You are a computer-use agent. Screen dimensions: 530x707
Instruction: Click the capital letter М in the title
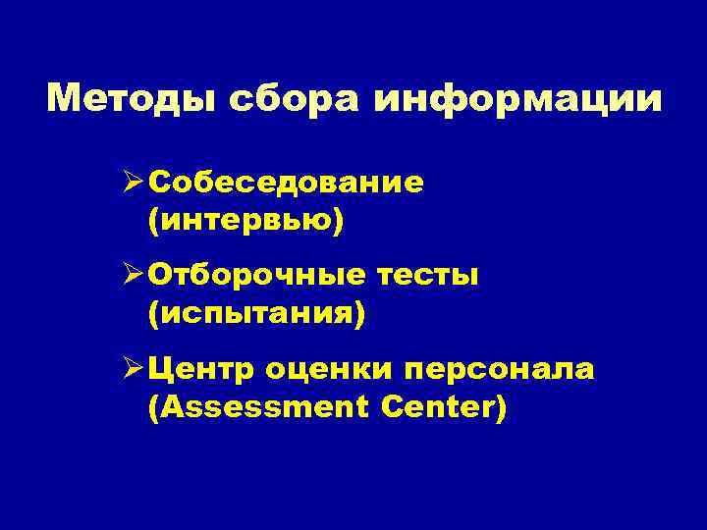[x=63, y=100]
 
